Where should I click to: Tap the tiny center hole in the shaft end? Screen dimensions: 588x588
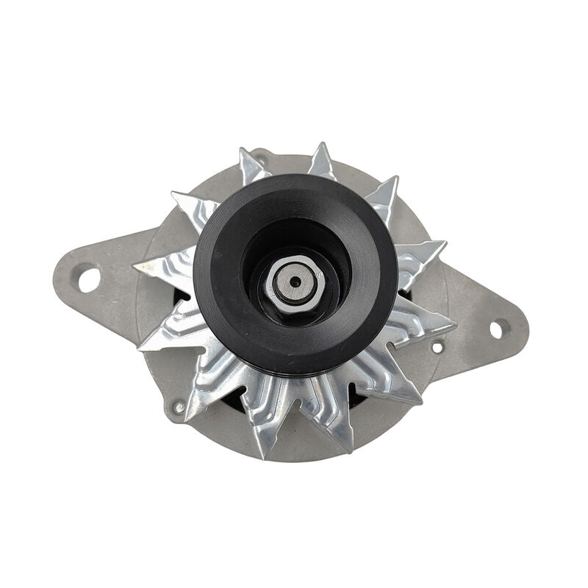294,281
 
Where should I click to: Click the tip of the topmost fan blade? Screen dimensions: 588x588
320,145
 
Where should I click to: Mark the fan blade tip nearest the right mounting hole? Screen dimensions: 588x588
453,324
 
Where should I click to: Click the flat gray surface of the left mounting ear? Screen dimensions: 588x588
110,294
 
